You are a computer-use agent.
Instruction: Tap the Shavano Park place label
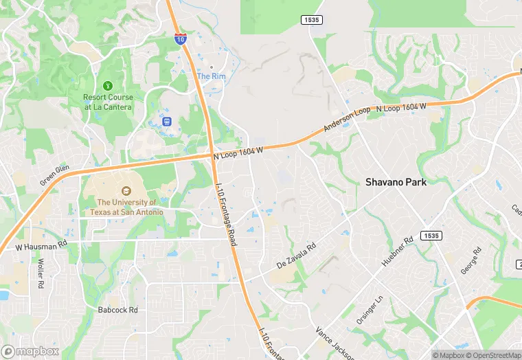(396, 182)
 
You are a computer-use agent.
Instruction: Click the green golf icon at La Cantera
(108, 85)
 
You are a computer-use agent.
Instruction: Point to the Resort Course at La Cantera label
(109, 102)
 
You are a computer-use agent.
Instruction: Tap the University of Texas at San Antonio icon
(126, 191)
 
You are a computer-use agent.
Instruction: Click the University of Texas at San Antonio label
(130, 207)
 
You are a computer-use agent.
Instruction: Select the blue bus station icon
(166, 122)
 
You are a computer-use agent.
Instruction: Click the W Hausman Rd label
(42, 245)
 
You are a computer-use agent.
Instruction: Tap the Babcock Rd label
(118, 310)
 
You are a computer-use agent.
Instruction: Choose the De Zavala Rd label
(296, 254)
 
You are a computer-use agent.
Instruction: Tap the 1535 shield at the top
(311, 20)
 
